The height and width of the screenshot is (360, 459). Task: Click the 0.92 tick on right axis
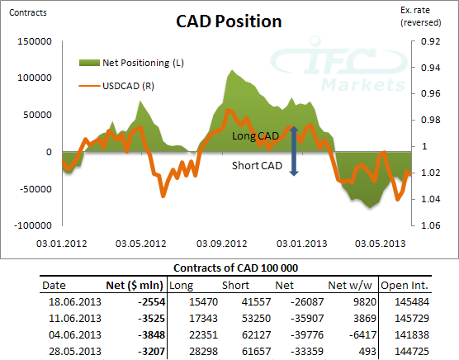pos(430,41)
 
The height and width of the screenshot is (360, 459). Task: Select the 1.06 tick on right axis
pos(430,225)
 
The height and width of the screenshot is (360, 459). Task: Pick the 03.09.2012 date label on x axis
pos(222,244)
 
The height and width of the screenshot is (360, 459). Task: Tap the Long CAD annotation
pos(256,135)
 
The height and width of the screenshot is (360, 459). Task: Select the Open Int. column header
pos(406,286)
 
